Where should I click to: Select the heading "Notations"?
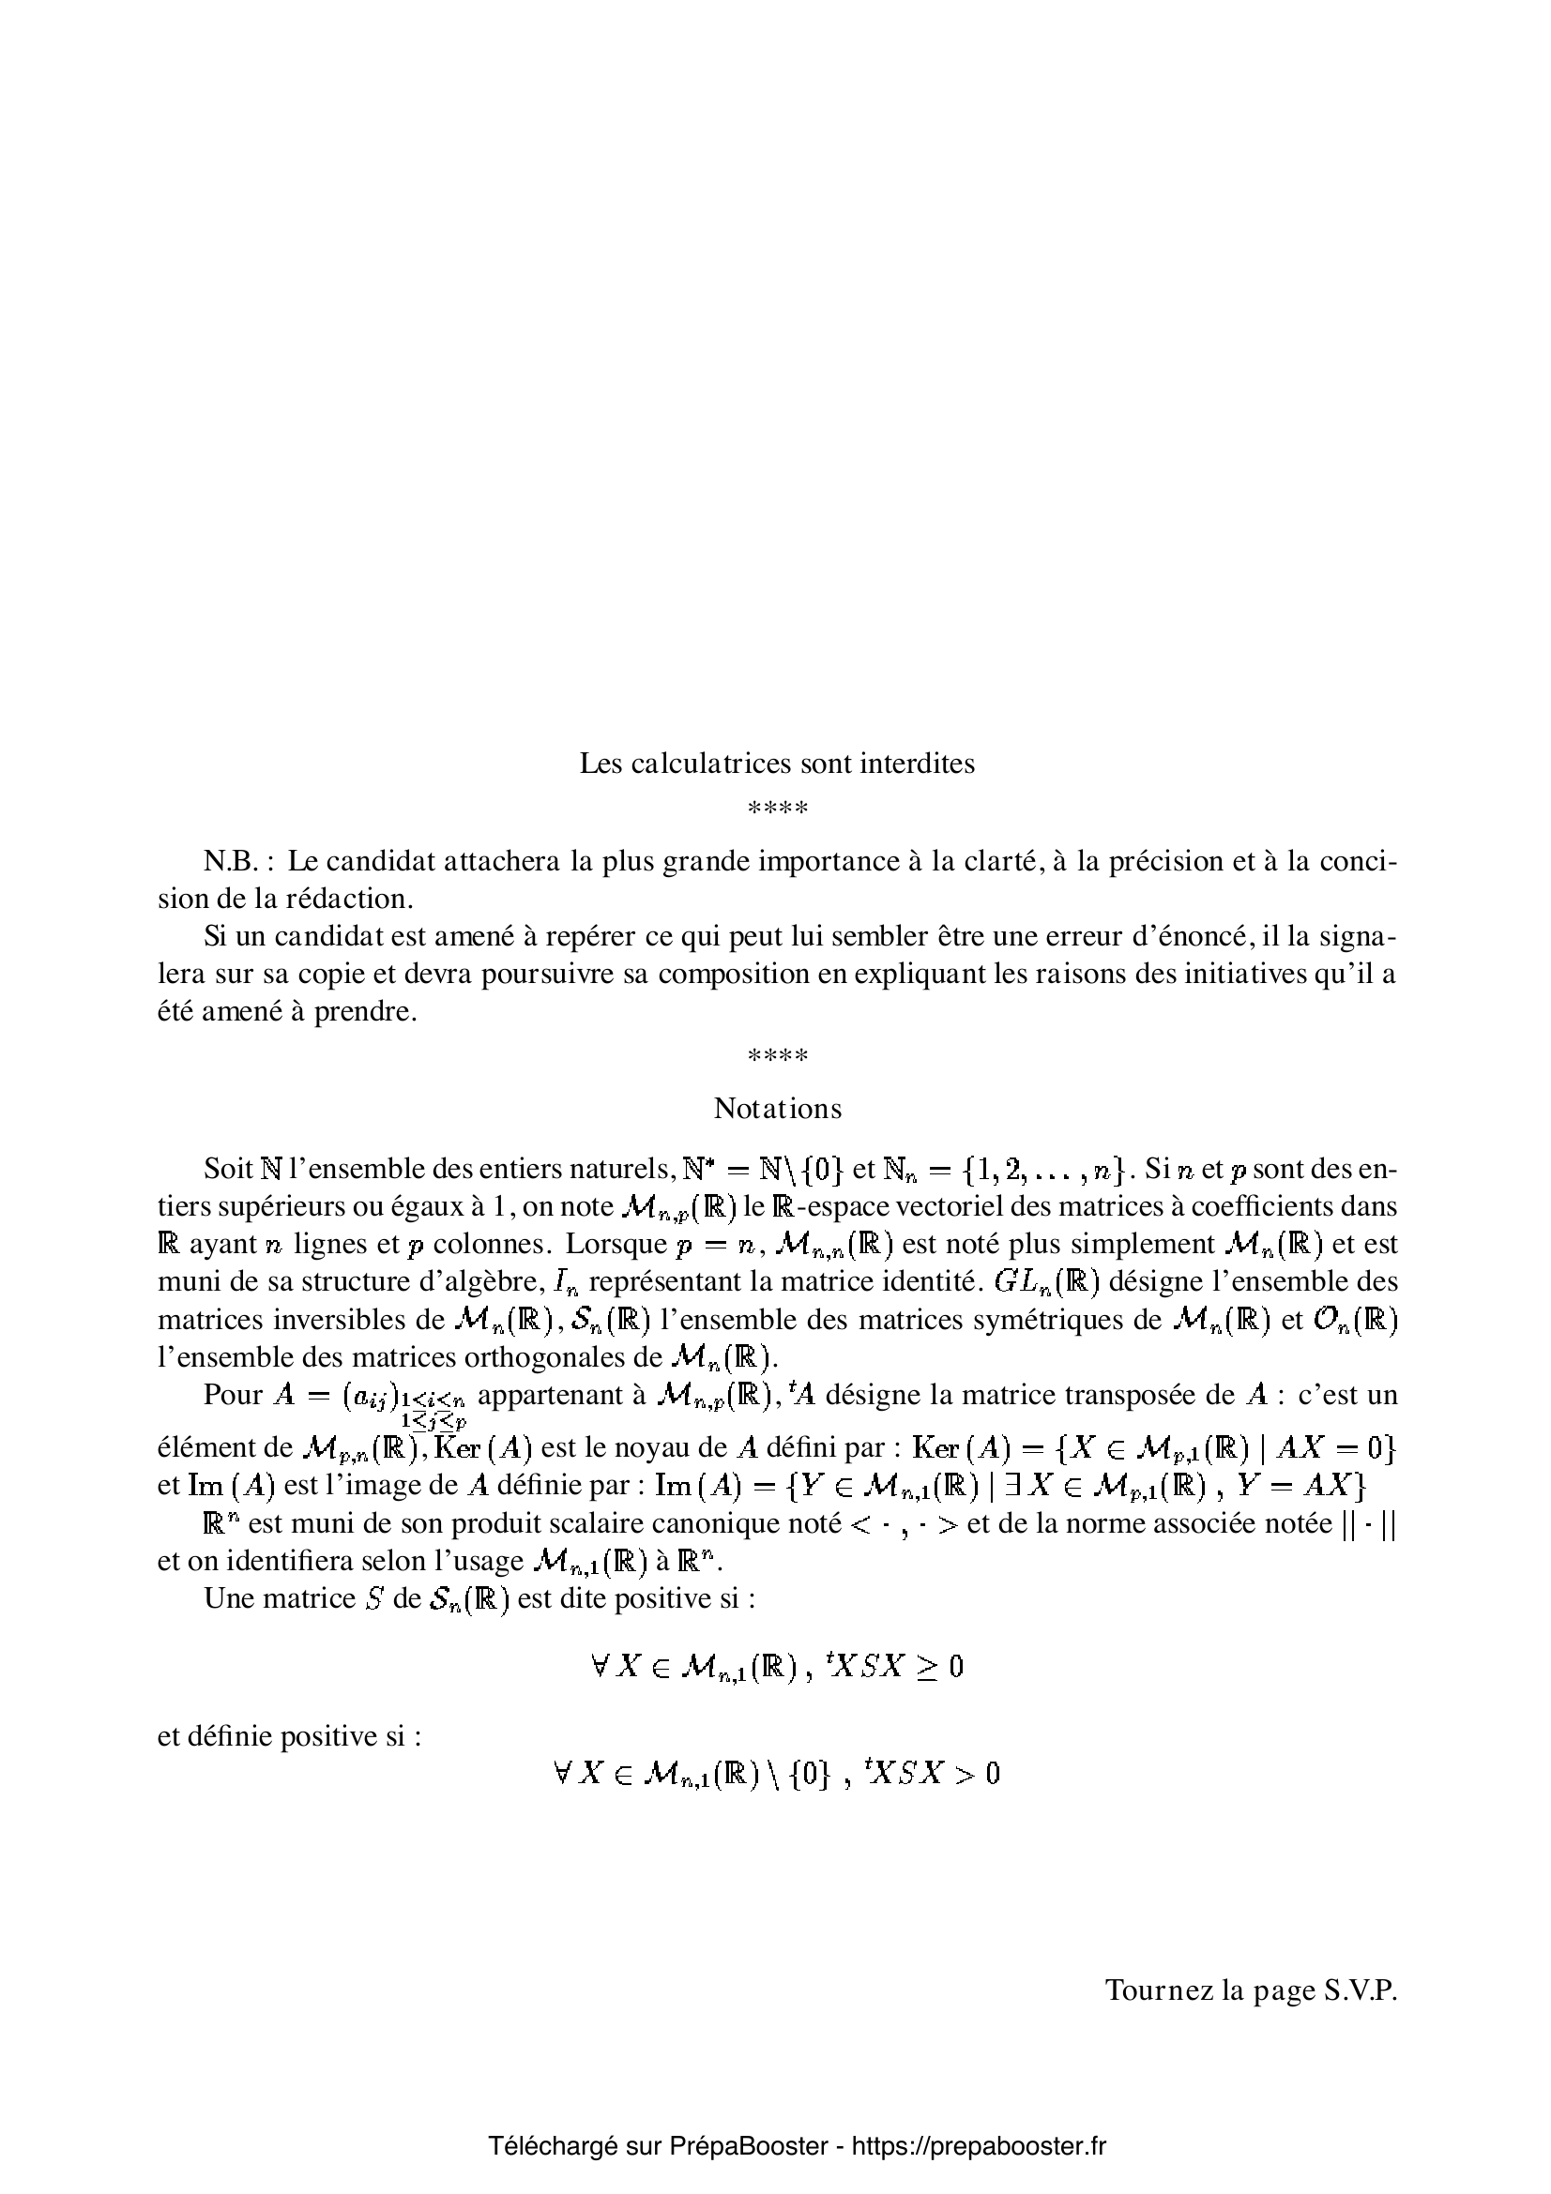777,1109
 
